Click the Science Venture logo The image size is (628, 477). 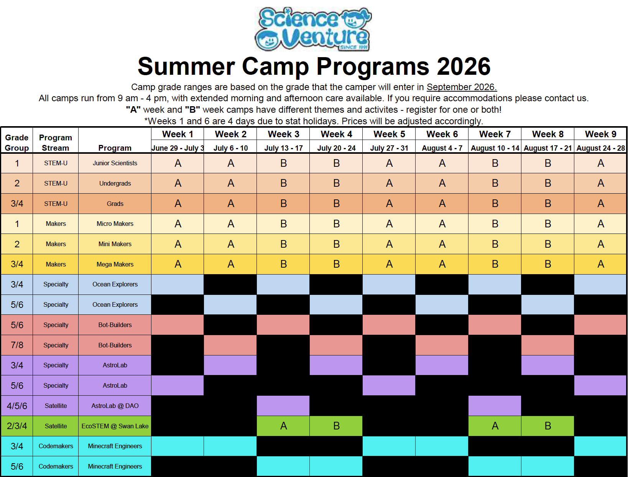click(x=313, y=29)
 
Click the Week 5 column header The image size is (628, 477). click(x=389, y=134)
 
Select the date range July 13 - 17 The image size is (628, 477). click(x=283, y=148)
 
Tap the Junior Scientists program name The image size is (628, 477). click(x=115, y=163)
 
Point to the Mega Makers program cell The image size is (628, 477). click(x=115, y=264)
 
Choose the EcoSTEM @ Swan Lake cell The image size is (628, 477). click(x=115, y=426)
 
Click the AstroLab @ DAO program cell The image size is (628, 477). click(x=115, y=406)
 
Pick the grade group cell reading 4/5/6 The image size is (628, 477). click(x=17, y=406)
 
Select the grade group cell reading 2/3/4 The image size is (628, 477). click(x=17, y=426)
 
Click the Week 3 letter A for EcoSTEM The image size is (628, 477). click(x=283, y=426)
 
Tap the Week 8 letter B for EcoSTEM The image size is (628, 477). click(x=548, y=426)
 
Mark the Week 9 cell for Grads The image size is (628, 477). click(x=600, y=204)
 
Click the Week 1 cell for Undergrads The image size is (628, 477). click(x=178, y=183)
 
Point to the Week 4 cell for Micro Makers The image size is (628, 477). click(x=336, y=224)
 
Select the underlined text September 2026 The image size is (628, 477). click(x=461, y=87)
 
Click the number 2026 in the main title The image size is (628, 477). click(x=464, y=67)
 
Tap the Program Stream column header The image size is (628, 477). click(x=56, y=143)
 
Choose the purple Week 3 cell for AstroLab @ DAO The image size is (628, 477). click(x=283, y=406)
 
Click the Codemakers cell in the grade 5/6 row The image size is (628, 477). click(x=56, y=466)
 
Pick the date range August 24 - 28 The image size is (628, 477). click(x=600, y=148)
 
